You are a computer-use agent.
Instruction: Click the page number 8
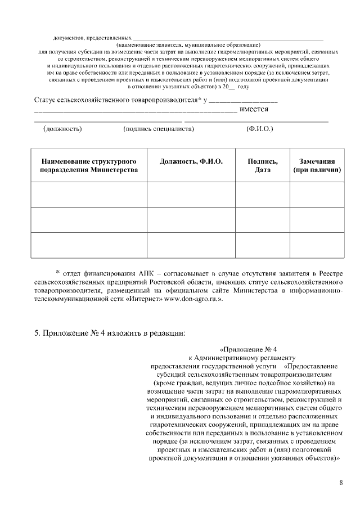pos(341,483)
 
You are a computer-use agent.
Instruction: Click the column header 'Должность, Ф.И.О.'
pos(191,161)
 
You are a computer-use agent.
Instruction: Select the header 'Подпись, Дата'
pos(263,165)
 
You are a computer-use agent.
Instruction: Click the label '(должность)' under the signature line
pos(62,129)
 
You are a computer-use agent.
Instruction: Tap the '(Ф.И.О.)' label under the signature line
pos(260,129)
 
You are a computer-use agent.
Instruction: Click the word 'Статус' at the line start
pos(45,100)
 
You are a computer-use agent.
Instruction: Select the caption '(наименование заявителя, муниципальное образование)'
pos(188,44)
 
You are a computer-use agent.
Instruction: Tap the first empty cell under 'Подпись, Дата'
pos(263,195)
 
